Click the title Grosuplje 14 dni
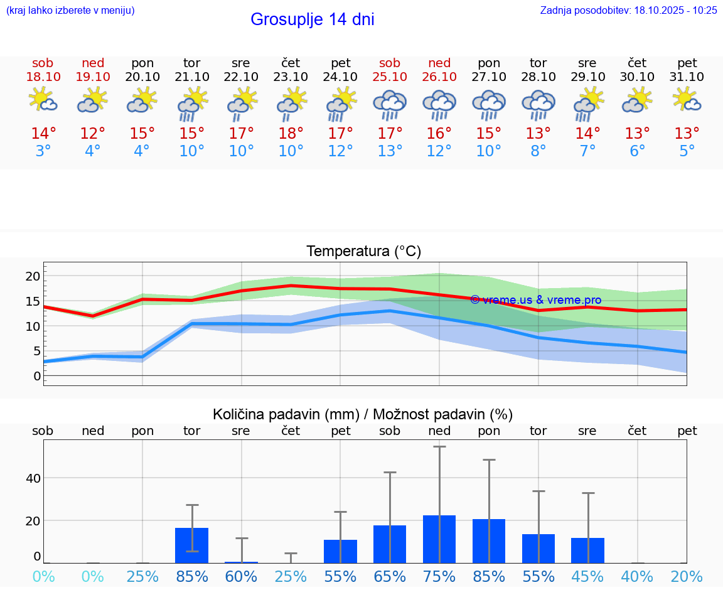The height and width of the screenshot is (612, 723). pyautogui.click(x=312, y=19)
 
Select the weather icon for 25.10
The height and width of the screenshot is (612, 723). pyautogui.click(x=390, y=105)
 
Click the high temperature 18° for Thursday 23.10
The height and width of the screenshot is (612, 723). pyautogui.click(x=291, y=134)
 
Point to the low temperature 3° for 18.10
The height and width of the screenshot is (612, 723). pyautogui.click(x=43, y=151)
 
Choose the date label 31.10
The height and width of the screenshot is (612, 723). pyautogui.click(x=687, y=77)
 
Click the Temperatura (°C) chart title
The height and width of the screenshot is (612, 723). pyautogui.click(x=363, y=252)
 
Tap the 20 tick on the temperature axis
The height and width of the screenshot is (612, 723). pyautogui.click(x=33, y=276)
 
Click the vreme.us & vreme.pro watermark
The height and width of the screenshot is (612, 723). pyautogui.click(x=535, y=300)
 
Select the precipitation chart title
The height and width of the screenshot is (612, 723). pyautogui.click(x=363, y=414)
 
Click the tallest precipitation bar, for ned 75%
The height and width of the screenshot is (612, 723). pyautogui.click(x=439, y=539)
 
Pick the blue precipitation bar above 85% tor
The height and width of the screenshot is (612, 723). pyautogui.click(x=191, y=545)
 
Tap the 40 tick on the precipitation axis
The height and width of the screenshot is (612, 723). pyautogui.click(x=33, y=478)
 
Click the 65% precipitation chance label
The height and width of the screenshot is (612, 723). pyautogui.click(x=390, y=576)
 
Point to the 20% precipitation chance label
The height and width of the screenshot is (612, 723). pyautogui.click(x=687, y=576)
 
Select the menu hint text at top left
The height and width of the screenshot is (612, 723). pyautogui.click(x=70, y=10)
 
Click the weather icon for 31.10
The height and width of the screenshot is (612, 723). pyautogui.click(x=687, y=100)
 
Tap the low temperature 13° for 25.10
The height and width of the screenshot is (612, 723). pyautogui.click(x=390, y=151)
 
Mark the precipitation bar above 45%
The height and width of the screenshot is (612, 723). pyautogui.click(x=587, y=550)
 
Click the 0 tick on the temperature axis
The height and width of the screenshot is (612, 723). pyautogui.click(x=36, y=376)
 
